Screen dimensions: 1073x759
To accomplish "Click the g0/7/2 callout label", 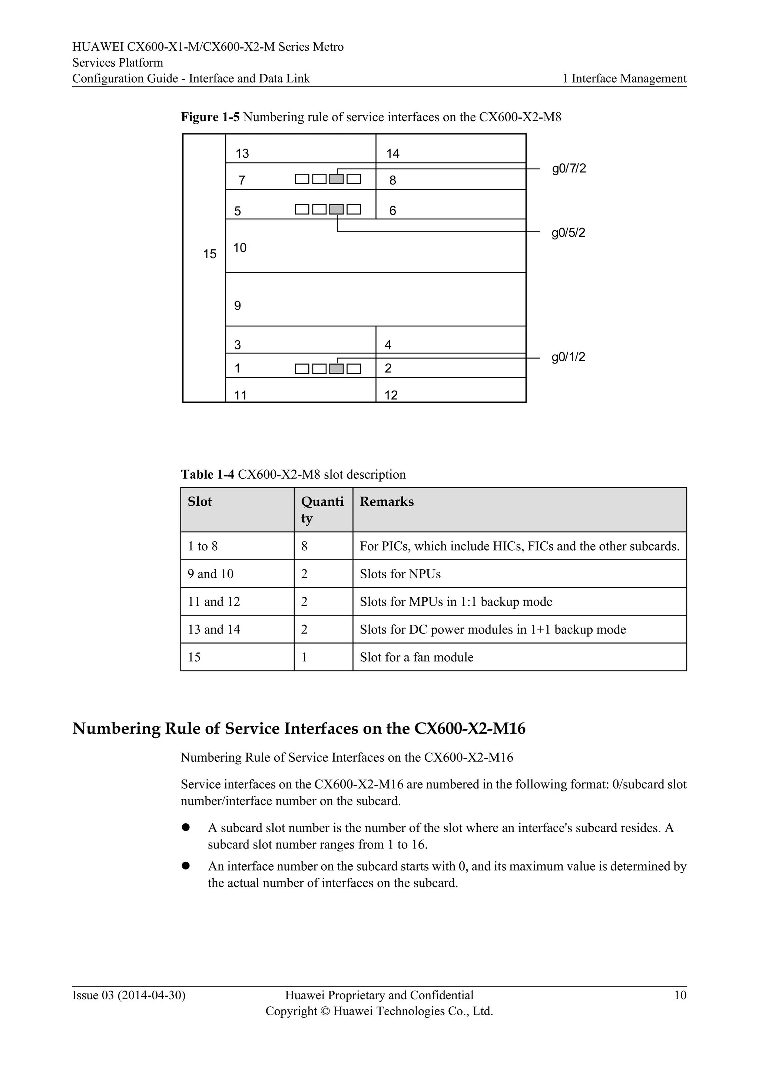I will [x=569, y=169].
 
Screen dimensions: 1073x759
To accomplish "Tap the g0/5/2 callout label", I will [x=568, y=233].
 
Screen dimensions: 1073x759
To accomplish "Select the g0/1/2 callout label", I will [x=568, y=357].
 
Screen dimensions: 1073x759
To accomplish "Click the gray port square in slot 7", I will [x=336, y=179].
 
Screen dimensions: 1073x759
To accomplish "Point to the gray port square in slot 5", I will [x=336, y=209].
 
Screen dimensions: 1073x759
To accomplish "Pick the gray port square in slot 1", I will [x=336, y=369].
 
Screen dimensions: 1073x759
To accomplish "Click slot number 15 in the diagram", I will [x=210, y=254].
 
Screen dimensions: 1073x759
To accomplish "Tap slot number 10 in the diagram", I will [x=240, y=248].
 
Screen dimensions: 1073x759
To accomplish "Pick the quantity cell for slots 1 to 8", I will [x=304, y=546].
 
